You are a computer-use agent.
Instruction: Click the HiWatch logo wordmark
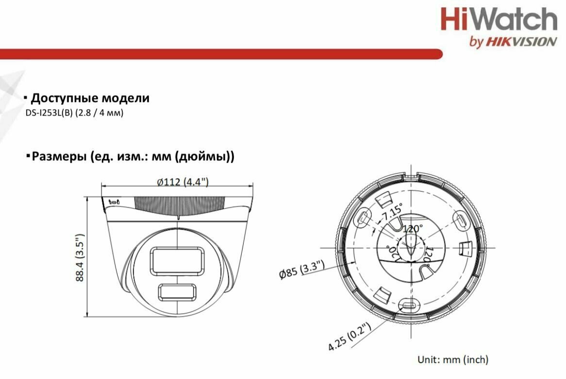pos(499,19)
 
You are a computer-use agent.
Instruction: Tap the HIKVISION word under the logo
pos(521,42)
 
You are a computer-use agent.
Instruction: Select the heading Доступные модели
pos(90,98)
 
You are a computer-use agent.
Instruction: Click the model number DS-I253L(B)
pos(49,113)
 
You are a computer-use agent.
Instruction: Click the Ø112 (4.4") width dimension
pos(183,182)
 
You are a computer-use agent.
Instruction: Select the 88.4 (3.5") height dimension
pos(80,257)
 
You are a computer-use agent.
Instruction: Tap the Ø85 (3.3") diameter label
pos(302,270)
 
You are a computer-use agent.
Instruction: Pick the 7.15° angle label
pos(392,212)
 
